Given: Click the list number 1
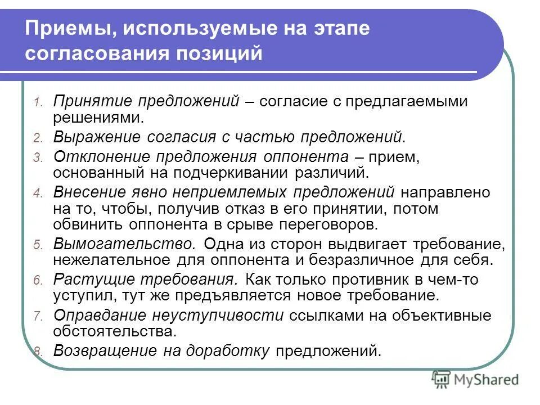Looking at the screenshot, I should [x=38, y=103].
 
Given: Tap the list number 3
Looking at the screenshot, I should [x=38, y=158].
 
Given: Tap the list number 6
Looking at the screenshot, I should [x=38, y=281].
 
